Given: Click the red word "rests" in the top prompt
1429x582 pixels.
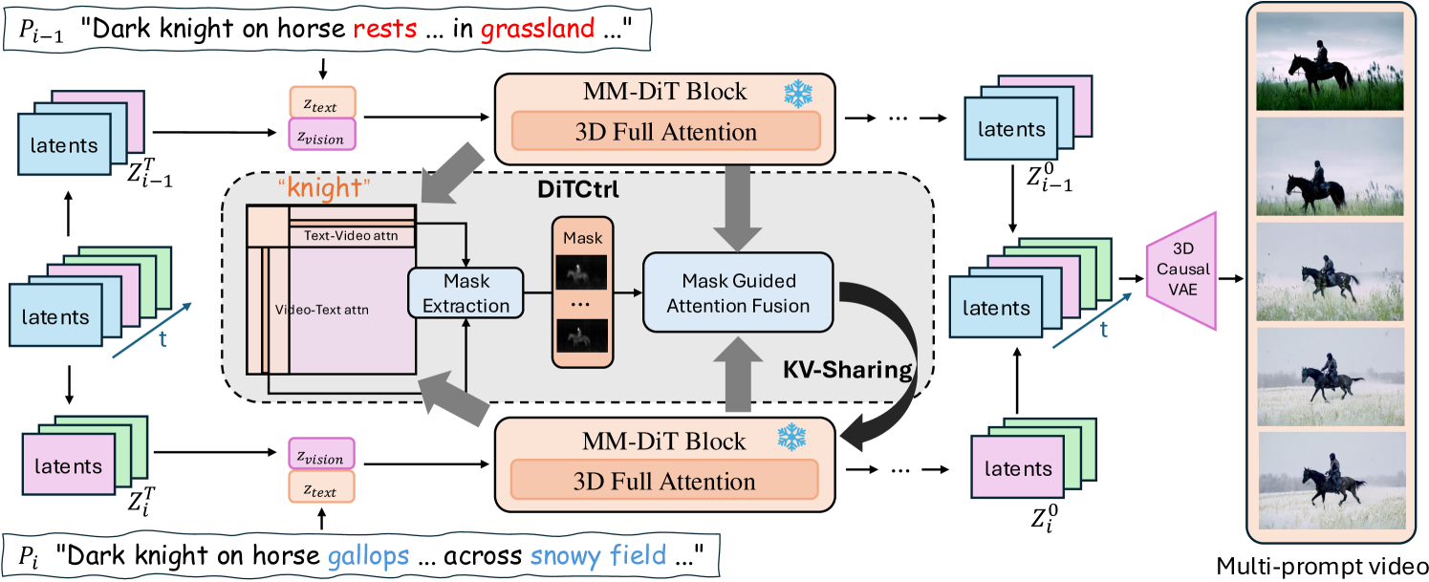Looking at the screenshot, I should coord(385,29).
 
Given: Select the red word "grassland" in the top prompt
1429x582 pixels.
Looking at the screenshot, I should coord(537,29).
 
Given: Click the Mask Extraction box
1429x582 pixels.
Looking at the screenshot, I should coord(465,292).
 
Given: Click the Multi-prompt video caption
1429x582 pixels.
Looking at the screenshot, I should coord(1324,564).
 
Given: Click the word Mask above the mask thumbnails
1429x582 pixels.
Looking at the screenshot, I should coord(576,235).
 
